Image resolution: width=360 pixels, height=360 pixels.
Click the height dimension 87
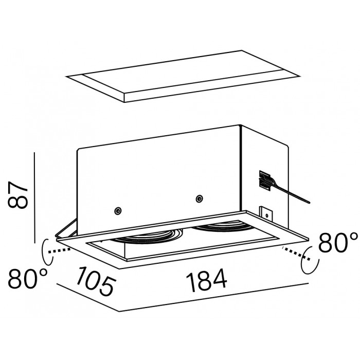[x=17, y=195]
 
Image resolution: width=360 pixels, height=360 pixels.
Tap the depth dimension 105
[x=95, y=281]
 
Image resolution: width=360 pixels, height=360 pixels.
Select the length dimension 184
[x=206, y=280]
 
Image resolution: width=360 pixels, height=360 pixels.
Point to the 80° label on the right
[x=338, y=242]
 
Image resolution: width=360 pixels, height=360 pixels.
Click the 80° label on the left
[x=28, y=279]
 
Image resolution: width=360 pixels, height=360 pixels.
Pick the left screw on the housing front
[x=118, y=210]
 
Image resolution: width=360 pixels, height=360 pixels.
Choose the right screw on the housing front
[x=199, y=199]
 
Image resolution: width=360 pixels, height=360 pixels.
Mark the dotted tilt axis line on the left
[x=59, y=250]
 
